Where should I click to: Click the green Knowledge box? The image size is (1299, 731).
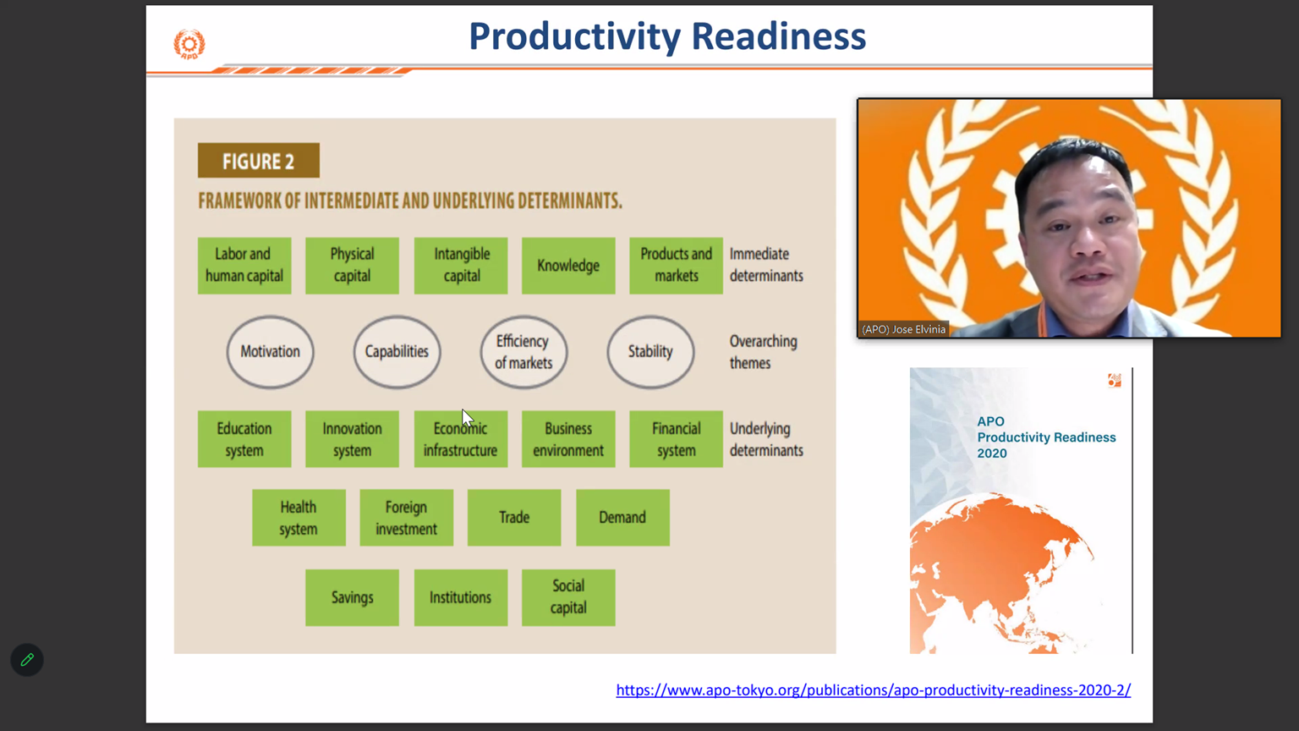(x=568, y=266)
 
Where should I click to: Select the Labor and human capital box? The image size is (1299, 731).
(x=244, y=266)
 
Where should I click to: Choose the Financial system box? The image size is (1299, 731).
(x=677, y=439)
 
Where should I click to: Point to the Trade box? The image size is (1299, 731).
(x=514, y=518)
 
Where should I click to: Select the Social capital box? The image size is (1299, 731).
(x=568, y=597)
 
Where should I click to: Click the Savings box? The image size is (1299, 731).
(x=352, y=597)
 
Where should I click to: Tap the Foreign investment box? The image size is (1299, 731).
(x=407, y=518)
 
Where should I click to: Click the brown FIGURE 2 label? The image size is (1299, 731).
(x=259, y=161)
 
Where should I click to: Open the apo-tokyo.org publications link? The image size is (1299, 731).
(x=874, y=690)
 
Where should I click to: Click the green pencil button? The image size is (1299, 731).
(x=27, y=660)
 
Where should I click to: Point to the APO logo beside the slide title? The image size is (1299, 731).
(x=189, y=44)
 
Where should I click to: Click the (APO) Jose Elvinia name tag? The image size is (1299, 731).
(x=903, y=329)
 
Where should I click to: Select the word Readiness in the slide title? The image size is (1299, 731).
(x=779, y=36)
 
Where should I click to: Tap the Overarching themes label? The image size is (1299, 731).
(x=763, y=352)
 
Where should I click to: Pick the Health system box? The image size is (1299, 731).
(x=299, y=518)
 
